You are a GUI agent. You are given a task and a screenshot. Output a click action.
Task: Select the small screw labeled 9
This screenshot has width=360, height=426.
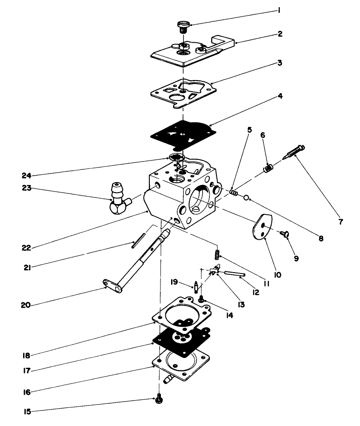284,233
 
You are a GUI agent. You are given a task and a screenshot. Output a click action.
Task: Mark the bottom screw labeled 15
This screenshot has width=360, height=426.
158,400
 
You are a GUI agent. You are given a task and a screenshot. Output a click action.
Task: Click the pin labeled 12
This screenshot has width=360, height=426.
232,274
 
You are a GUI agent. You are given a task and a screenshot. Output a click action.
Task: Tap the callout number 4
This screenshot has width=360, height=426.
279,95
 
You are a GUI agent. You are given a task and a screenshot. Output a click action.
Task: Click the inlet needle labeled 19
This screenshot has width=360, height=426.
196,288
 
